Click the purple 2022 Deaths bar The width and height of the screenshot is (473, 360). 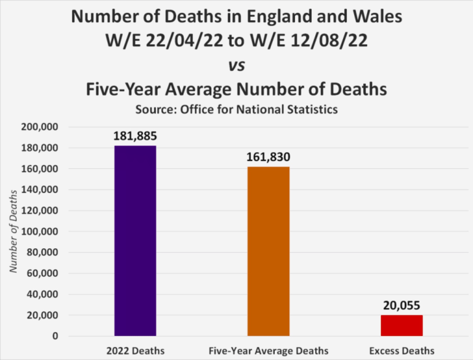click(135, 240)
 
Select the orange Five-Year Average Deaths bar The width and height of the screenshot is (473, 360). click(268, 251)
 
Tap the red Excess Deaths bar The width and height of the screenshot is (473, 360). click(401, 325)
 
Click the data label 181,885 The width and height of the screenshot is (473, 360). click(135, 136)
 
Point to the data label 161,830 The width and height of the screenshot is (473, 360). click(268, 157)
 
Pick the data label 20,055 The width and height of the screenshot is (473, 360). click(401, 305)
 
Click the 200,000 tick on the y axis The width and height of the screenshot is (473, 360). click(40, 127)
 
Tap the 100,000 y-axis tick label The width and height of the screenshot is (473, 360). click(40, 231)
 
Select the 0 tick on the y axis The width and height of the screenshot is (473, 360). click(55, 336)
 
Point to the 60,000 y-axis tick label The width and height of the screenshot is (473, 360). click(42, 273)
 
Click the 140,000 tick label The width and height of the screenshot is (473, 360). click(40, 190)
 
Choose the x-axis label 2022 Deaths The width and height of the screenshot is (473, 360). click(135, 351)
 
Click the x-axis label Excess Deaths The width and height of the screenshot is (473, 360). click(402, 351)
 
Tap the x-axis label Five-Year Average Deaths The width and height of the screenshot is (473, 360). click(268, 351)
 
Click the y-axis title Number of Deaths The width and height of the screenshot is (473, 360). click(13, 231)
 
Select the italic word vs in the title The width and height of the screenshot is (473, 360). click(237, 66)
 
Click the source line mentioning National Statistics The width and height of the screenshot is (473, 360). click(237, 109)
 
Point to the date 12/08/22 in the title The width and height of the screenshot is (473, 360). click(329, 41)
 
